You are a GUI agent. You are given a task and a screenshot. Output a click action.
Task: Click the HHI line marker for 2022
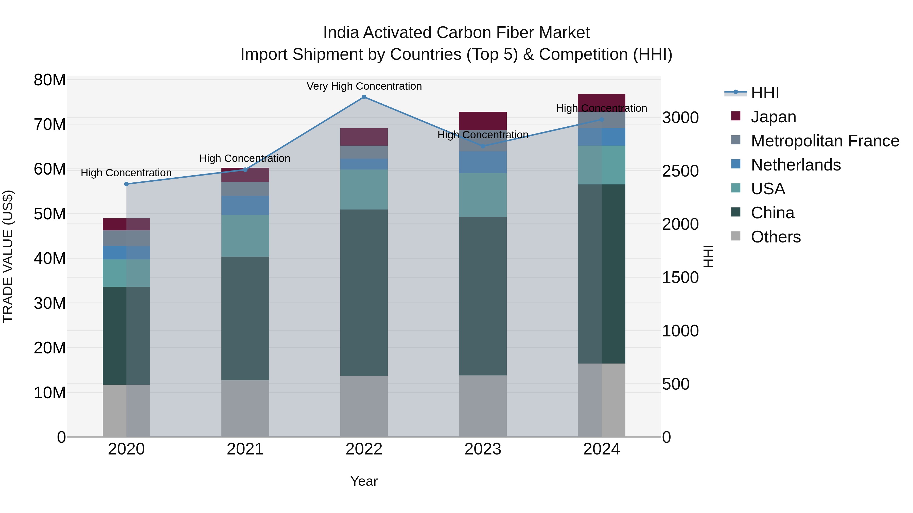(x=364, y=97)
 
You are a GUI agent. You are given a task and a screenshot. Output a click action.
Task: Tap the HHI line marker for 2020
(x=127, y=184)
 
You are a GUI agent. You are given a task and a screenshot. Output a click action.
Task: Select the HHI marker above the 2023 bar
(x=483, y=146)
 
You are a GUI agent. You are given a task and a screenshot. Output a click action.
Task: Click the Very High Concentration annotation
(x=364, y=86)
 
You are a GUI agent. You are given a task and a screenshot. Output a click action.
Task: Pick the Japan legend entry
(x=773, y=117)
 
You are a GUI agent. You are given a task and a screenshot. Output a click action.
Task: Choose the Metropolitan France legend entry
(x=825, y=141)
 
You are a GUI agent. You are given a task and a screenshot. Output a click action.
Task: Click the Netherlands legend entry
(x=796, y=165)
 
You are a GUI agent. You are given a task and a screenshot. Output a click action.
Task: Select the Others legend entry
(x=776, y=237)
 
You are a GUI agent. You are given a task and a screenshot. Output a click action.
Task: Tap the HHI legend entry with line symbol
(x=765, y=93)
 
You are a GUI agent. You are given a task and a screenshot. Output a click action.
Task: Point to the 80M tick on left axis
(x=50, y=80)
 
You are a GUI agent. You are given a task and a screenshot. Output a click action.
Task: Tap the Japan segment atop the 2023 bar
(x=483, y=121)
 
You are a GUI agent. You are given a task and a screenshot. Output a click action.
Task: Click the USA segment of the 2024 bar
(x=602, y=165)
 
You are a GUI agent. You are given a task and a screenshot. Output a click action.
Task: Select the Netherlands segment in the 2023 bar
(x=483, y=162)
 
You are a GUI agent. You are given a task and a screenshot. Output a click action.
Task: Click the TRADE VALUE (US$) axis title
(x=8, y=256)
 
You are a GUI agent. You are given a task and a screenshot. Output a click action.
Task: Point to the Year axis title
(x=364, y=482)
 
